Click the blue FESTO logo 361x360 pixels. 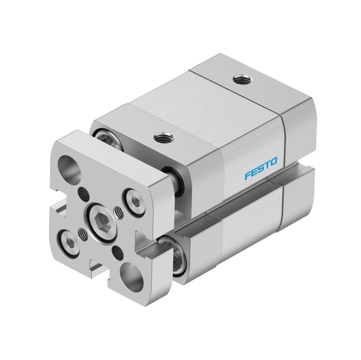tap(260, 169)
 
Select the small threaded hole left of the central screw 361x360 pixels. tap(83, 233)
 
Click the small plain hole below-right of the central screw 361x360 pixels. tap(118, 251)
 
